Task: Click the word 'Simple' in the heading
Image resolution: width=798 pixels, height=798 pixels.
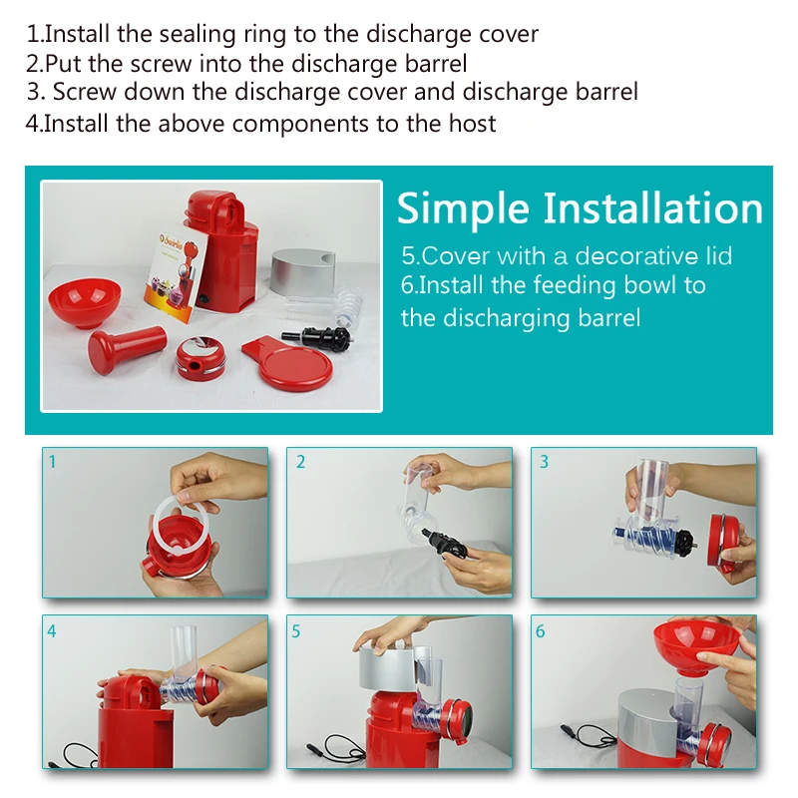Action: (463, 209)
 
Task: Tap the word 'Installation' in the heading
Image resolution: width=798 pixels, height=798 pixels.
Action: (653, 207)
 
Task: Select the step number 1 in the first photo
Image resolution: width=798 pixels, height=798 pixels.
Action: (52, 462)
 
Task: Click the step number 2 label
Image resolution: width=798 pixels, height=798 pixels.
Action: (301, 462)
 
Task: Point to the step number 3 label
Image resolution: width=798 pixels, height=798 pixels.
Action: (544, 462)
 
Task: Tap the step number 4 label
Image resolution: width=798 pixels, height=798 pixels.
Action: (52, 631)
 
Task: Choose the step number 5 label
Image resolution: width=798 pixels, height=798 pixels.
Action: (295, 631)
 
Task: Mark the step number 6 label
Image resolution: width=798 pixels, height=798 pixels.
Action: (540, 631)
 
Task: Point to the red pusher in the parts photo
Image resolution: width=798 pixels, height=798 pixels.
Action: (127, 348)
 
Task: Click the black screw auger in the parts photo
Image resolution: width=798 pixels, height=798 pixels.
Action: (317, 337)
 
